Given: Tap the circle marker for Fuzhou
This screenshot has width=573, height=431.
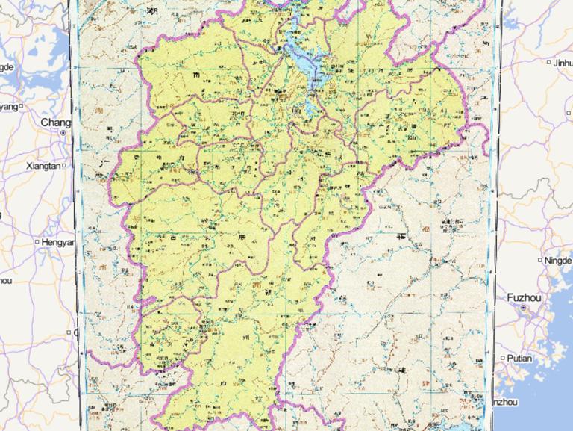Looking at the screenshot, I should [524, 308].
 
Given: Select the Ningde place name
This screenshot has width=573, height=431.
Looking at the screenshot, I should [558, 261].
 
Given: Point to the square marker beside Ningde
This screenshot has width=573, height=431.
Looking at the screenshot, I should [541, 261].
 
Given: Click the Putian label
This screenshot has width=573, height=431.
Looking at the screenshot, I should [519, 358].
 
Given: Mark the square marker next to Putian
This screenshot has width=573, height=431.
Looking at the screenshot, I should [503, 358].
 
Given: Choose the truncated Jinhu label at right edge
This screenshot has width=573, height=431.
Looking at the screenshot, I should [563, 63].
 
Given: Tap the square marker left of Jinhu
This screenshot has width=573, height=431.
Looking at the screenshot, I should [549, 63].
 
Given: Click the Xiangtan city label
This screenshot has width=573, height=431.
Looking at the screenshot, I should [43, 165].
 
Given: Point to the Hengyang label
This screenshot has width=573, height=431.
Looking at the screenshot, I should [58, 242].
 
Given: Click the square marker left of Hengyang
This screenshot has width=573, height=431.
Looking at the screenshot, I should [37, 242].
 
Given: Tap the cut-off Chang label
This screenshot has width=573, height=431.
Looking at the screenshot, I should [55, 122].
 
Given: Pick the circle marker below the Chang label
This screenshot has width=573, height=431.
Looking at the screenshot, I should [63, 133].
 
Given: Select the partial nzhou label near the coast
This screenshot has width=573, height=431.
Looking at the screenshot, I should [504, 402].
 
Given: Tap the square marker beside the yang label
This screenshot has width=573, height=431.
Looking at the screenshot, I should [22, 107].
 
